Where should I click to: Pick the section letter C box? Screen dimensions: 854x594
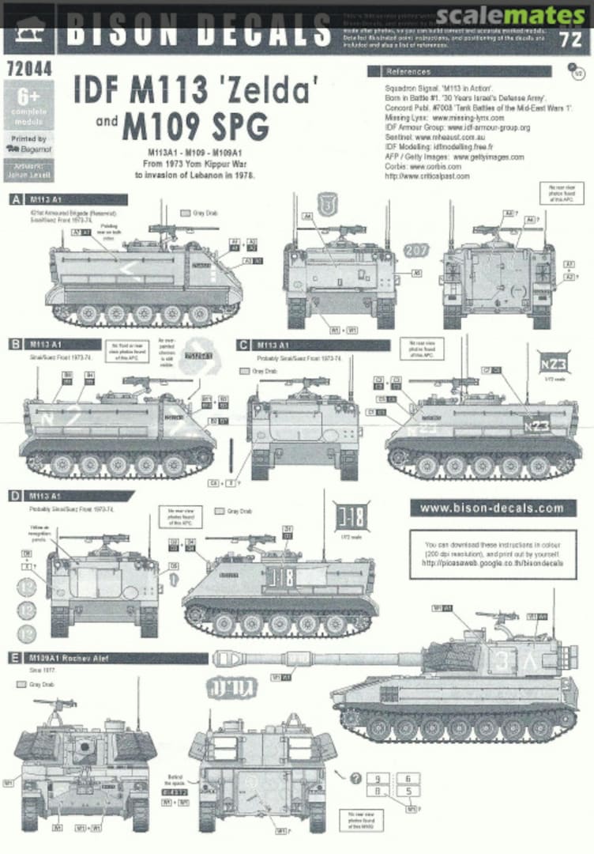244,345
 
